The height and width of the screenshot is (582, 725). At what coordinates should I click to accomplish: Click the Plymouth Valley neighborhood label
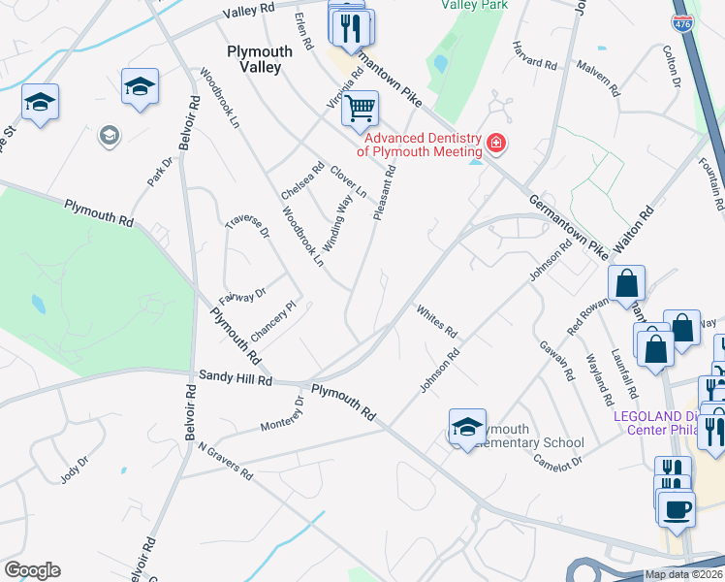pos(254,59)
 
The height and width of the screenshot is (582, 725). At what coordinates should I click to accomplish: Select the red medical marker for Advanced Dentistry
pos(496,145)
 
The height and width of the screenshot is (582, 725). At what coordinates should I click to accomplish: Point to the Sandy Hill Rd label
pos(236,379)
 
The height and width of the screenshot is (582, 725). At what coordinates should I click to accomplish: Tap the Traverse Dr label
pos(245,234)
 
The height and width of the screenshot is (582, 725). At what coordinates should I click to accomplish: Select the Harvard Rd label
pos(536,57)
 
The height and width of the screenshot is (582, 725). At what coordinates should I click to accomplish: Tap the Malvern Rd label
pos(597,77)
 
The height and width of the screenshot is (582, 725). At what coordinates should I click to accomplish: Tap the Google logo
pos(32,570)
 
